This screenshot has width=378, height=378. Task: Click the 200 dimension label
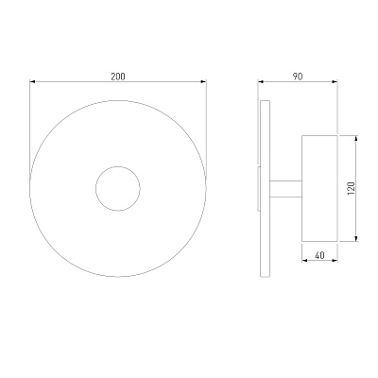[118, 77]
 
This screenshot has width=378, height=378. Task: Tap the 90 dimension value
[298, 77]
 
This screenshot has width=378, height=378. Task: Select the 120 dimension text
[352, 188]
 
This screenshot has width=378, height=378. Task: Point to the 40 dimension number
[319, 255]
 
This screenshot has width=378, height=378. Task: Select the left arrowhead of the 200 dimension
[32, 82]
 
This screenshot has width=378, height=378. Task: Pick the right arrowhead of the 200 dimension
[204, 82]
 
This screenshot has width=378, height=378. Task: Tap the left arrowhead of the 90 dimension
[260, 82]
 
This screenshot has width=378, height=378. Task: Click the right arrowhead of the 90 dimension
[335, 82]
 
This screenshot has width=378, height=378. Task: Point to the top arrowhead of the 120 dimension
[356, 138]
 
